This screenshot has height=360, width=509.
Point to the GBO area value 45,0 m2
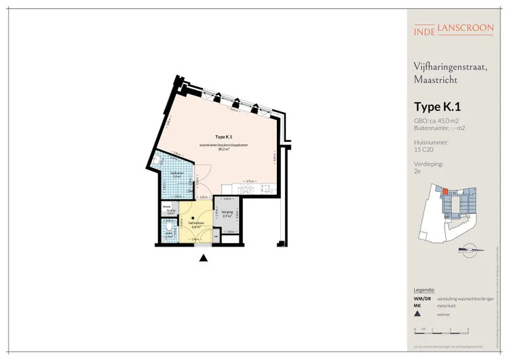(447, 120)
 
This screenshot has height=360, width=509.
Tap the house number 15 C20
(423, 150)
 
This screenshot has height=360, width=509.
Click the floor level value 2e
(417, 173)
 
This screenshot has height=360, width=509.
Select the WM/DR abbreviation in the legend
(421, 299)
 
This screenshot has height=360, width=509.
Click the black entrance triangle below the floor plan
(202, 257)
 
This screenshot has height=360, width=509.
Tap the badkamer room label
(176, 173)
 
